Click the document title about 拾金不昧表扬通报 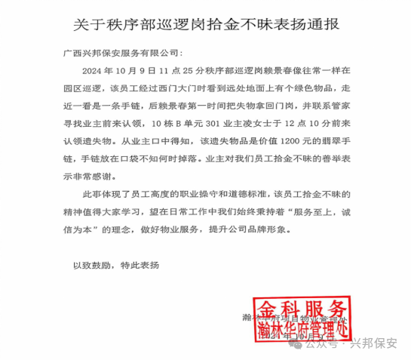(x=206, y=23)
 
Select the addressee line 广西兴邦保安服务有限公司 (x=121, y=54)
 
